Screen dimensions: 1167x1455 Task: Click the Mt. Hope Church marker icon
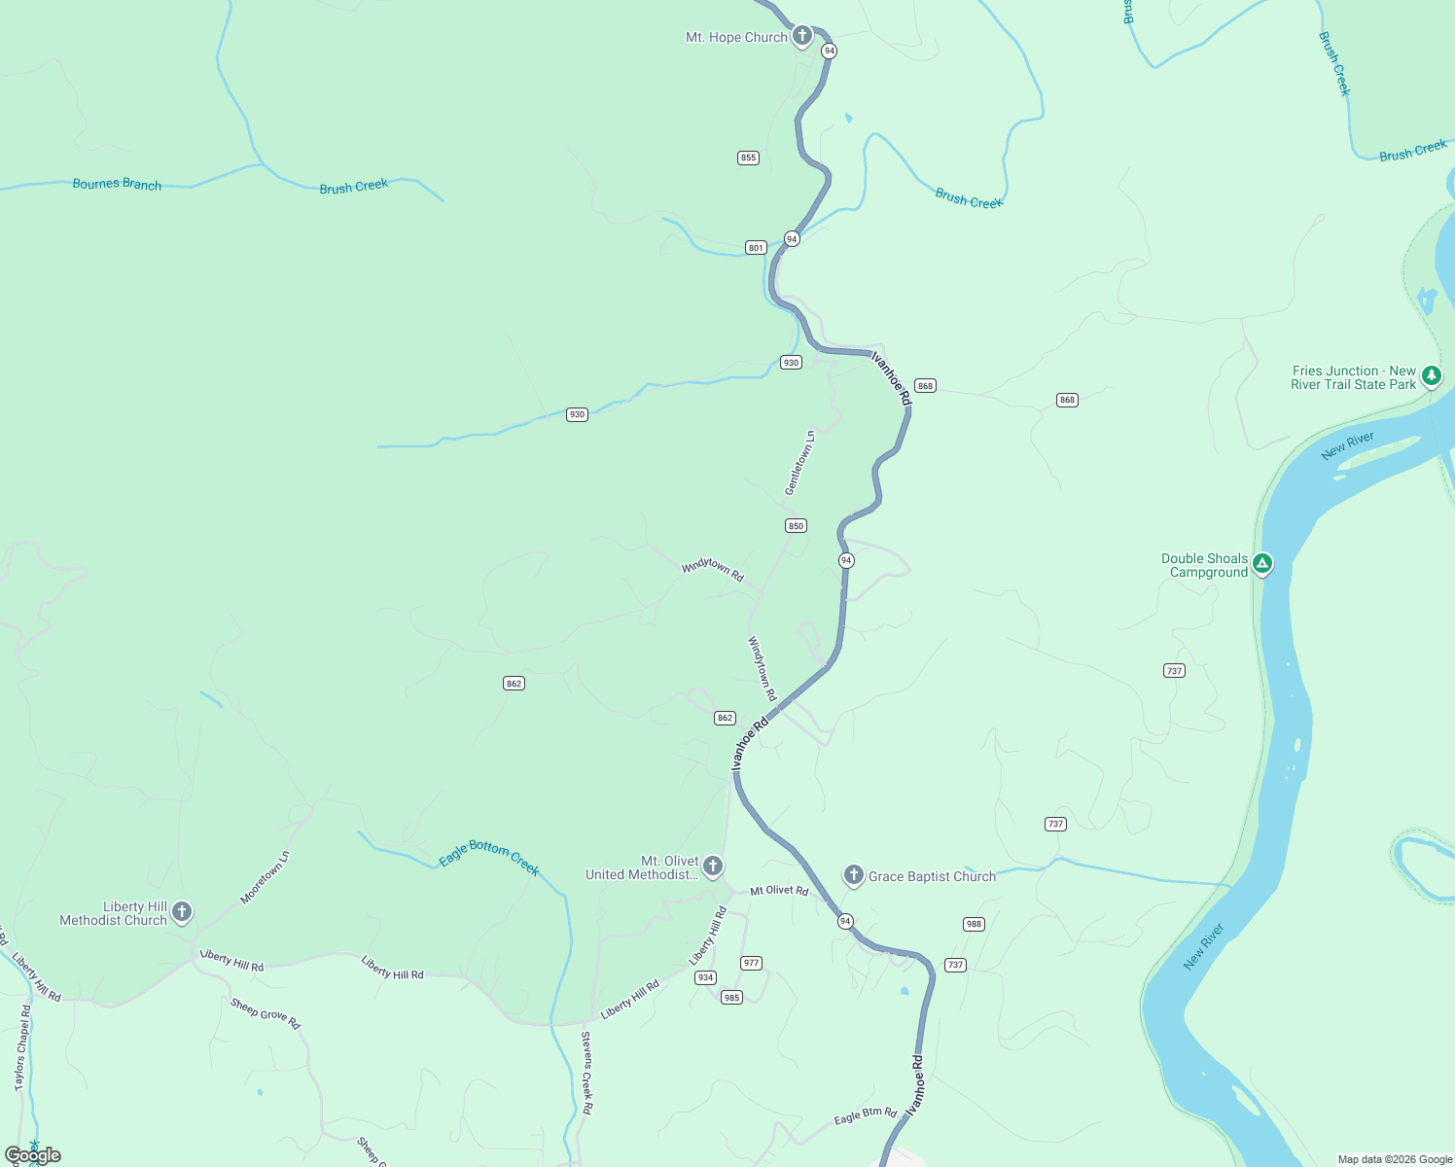point(801,36)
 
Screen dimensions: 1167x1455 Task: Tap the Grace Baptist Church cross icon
point(853,875)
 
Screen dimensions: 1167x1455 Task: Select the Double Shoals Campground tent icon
point(1262,563)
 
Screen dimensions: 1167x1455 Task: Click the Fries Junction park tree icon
point(1431,374)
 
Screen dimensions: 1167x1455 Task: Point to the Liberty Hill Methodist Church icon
point(181,911)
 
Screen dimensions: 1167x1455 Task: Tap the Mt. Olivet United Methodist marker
point(712,866)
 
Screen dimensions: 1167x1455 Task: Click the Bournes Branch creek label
point(117,184)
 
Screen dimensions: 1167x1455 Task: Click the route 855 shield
point(748,158)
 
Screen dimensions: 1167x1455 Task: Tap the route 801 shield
point(756,248)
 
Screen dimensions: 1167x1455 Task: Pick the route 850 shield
point(796,526)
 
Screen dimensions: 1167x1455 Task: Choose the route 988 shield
point(974,924)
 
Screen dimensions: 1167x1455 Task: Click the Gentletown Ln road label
point(800,463)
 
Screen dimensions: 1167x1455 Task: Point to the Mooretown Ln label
point(266,878)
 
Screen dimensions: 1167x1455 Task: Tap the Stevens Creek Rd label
point(586,1073)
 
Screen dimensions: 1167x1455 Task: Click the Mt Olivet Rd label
point(779,890)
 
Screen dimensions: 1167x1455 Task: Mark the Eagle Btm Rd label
point(866,1115)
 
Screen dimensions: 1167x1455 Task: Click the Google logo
point(33,1155)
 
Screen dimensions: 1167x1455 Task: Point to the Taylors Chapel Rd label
point(22,1047)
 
